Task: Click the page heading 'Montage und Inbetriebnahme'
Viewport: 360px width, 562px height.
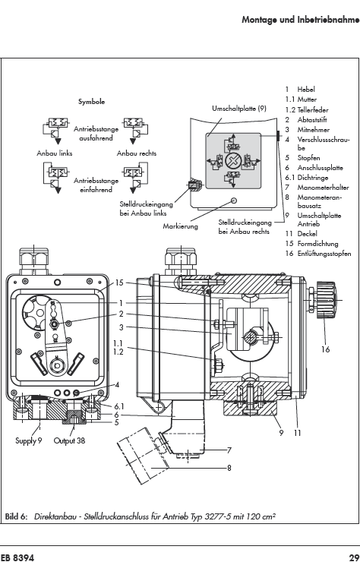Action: (301, 20)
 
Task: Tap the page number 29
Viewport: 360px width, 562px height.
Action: (354, 557)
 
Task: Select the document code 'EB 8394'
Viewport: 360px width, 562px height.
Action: (17, 557)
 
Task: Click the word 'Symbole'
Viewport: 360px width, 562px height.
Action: (92, 102)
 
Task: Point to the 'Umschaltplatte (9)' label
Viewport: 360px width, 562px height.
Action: (239, 109)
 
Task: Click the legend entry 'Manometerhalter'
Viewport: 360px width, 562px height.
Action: (323, 188)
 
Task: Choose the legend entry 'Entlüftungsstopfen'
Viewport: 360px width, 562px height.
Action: (324, 254)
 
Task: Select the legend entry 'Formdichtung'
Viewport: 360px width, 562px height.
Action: (317, 244)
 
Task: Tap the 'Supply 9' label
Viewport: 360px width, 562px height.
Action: (29, 440)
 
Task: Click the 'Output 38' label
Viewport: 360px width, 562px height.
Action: (70, 440)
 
